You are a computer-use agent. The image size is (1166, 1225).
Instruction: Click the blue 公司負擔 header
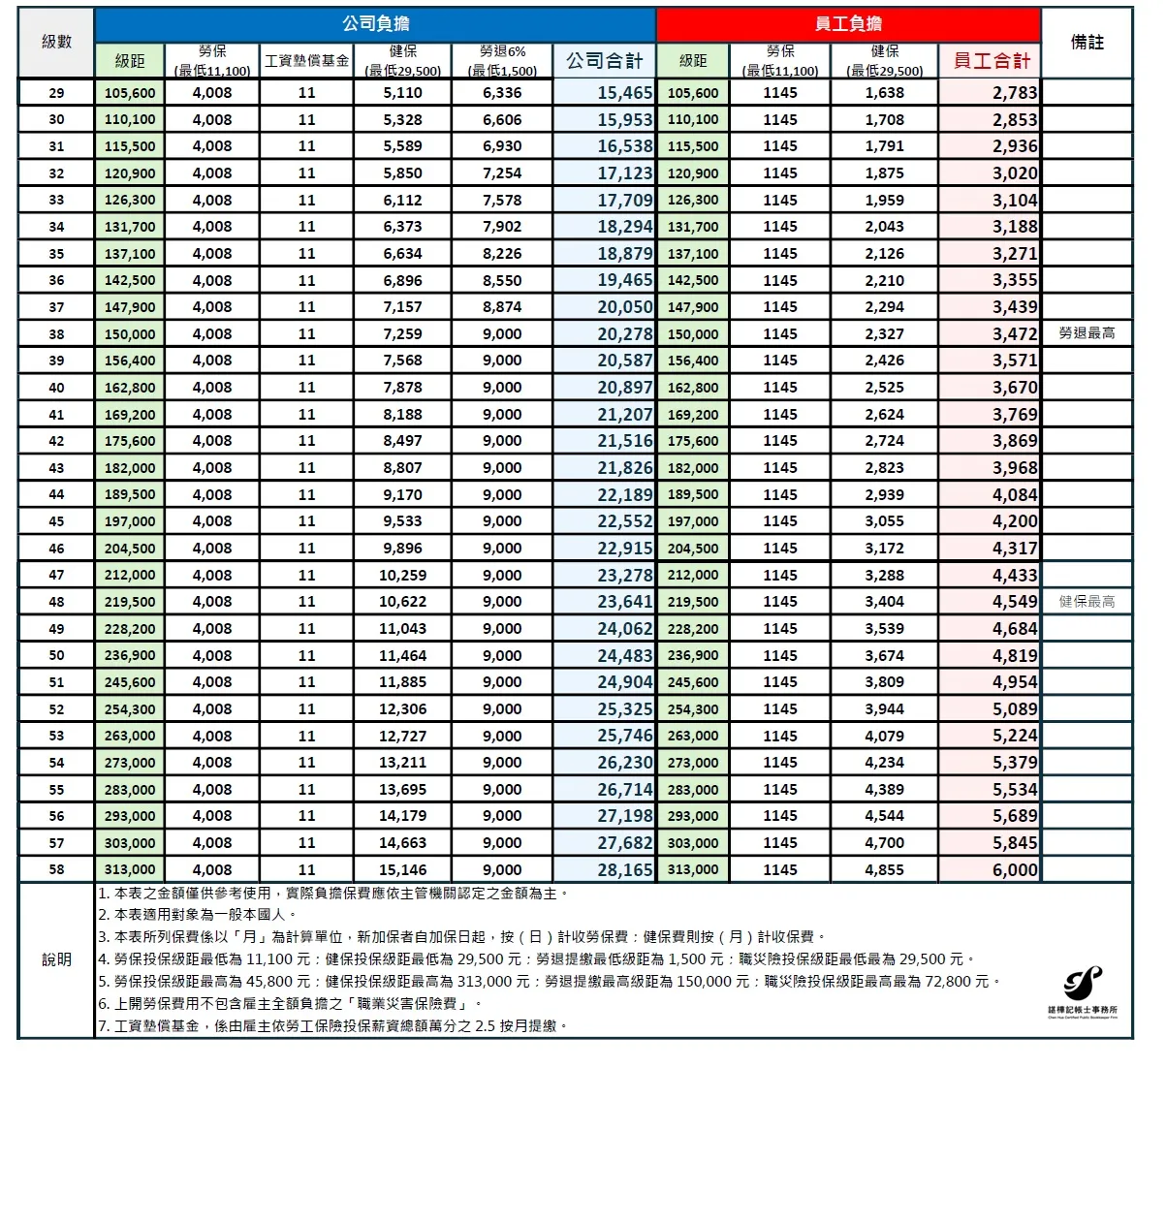pos(375,24)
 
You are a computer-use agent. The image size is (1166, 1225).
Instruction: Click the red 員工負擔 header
pos(848,24)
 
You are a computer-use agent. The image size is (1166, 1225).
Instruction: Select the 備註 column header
pos(1087,42)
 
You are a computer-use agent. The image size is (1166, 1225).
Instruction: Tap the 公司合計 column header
pos(604,61)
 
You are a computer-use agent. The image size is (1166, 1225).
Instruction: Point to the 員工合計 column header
pos(991,61)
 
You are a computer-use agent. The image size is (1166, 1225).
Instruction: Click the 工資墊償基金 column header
pos(306,61)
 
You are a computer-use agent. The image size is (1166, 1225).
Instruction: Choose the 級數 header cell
pos(56,42)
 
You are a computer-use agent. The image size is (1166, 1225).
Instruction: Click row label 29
pos(56,93)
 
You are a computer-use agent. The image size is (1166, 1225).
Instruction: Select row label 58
pos(56,869)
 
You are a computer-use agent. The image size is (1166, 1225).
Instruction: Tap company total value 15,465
pos(624,93)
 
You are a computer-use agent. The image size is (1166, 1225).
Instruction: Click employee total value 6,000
pos(1014,869)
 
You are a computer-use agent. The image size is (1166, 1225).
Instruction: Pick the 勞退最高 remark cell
pos(1087,333)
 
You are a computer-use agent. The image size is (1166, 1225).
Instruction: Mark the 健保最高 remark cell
pos(1087,602)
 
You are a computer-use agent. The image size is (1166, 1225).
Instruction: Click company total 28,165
pos(624,869)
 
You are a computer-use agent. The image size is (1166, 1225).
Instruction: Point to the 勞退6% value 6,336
pos(502,93)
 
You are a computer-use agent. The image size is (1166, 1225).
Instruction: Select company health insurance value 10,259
pos(402,575)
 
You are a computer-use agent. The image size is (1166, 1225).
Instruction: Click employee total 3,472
pos(1014,333)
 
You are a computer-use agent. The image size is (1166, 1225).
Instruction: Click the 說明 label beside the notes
pos(56,959)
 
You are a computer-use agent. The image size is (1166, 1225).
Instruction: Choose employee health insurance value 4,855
pos(884,869)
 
